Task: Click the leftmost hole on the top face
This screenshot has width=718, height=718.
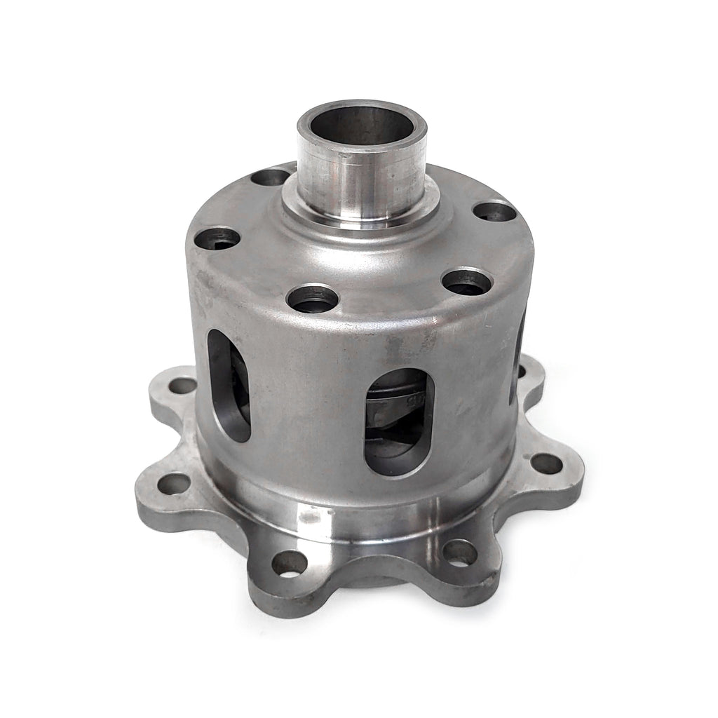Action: [x=217, y=239]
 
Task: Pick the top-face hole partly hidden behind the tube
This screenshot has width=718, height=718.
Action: [x=271, y=177]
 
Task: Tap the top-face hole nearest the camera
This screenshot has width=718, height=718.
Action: [x=313, y=299]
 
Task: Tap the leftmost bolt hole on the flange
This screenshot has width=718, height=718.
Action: [x=173, y=483]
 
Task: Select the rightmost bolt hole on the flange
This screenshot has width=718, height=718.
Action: [x=546, y=463]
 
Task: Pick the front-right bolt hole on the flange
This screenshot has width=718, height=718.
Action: [x=459, y=553]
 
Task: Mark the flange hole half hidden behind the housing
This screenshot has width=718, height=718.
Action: [x=521, y=370]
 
